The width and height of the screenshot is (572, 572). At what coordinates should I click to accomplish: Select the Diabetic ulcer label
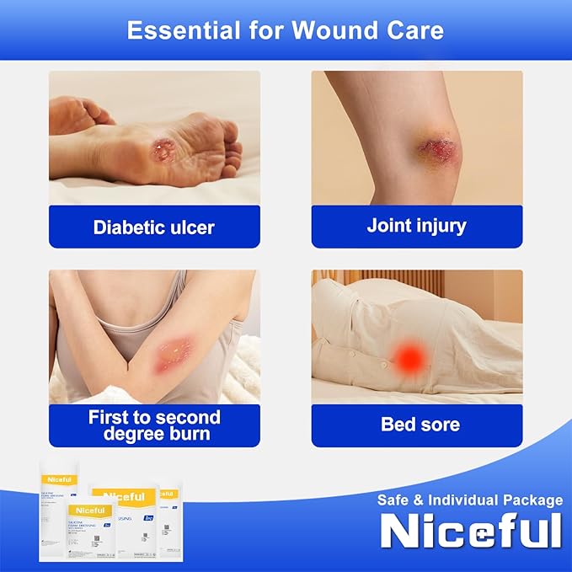click(154, 227)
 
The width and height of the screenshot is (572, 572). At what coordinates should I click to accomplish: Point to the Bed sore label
click(420, 425)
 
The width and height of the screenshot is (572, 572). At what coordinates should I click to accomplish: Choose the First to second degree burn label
click(154, 425)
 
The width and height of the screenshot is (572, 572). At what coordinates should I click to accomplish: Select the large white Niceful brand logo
click(470, 531)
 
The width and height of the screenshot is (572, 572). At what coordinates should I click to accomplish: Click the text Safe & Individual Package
click(470, 500)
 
